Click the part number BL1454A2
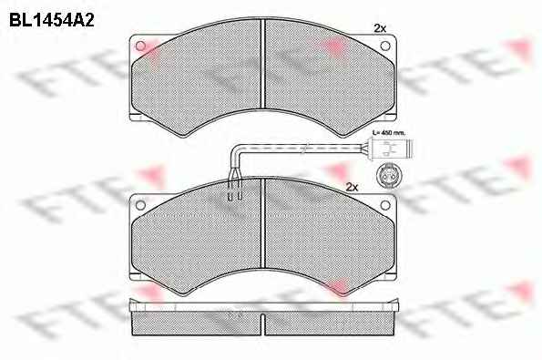click(x=52, y=20)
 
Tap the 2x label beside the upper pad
click(x=380, y=28)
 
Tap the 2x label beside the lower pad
click(x=352, y=188)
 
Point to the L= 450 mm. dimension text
click(x=389, y=132)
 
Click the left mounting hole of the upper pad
click(x=140, y=46)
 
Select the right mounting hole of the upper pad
click(x=385, y=46)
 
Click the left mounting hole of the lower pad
click(x=140, y=205)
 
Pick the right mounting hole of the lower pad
click(x=385, y=205)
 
